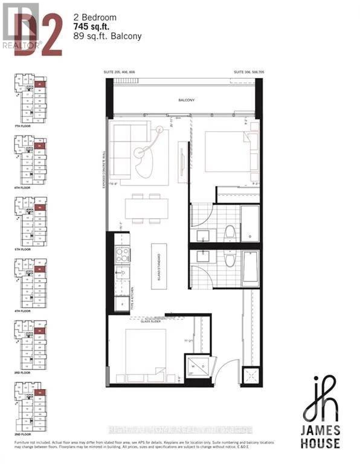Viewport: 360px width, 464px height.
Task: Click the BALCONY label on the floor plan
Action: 185,100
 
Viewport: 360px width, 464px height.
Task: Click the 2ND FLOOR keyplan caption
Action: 25,433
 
